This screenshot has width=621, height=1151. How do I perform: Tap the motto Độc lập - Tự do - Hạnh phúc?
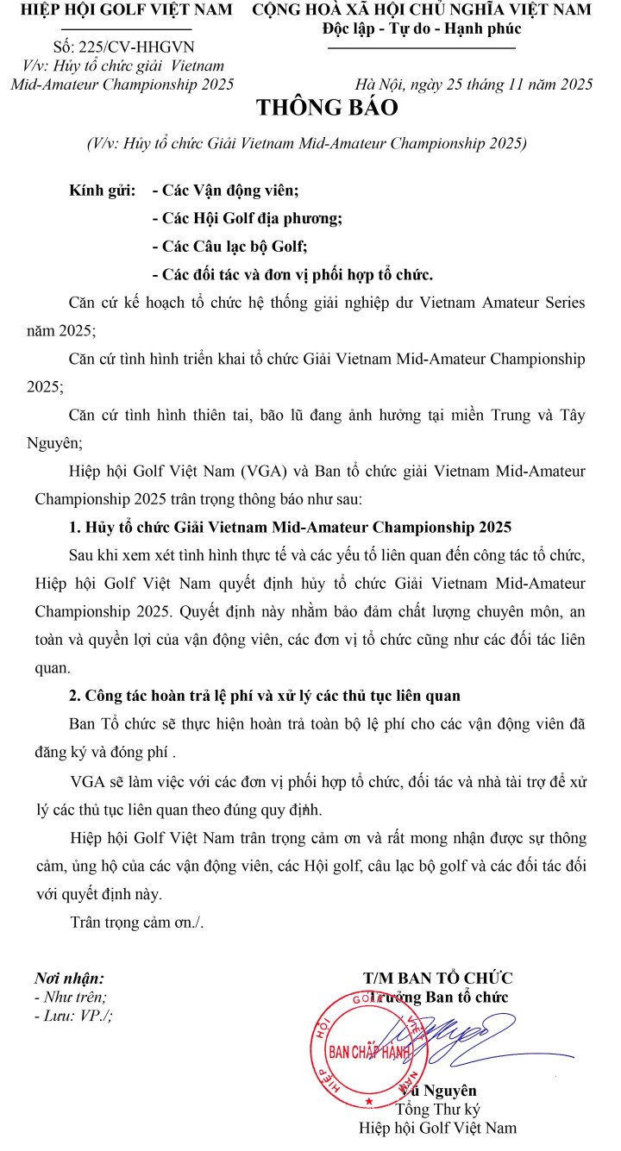click(422, 28)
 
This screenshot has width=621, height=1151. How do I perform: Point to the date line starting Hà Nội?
click(474, 84)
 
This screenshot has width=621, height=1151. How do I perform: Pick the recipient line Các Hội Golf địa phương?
click(246, 219)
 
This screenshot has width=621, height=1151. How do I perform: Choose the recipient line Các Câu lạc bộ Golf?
click(229, 247)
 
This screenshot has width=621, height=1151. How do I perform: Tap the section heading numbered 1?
click(291, 527)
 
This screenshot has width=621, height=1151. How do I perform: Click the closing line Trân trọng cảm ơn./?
click(137, 922)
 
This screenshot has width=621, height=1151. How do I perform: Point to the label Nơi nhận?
click(69, 979)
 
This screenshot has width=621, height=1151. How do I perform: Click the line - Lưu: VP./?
click(73, 1016)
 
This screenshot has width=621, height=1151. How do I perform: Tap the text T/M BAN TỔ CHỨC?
click(438, 979)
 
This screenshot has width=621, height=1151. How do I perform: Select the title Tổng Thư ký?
click(438, 1110)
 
